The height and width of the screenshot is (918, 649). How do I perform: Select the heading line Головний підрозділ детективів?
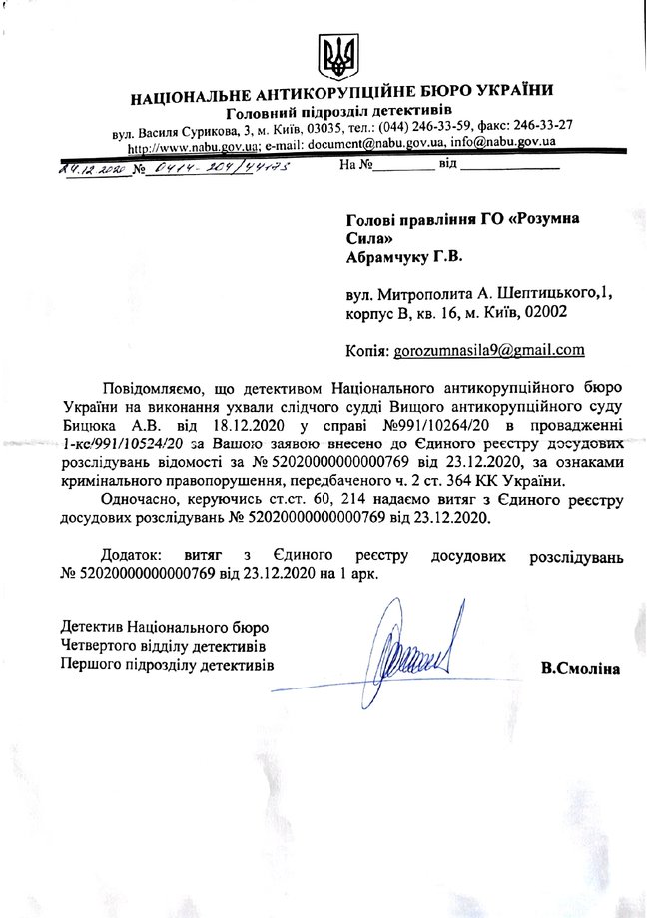coord(338,110)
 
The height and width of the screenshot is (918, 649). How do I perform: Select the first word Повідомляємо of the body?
coord(154,386)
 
